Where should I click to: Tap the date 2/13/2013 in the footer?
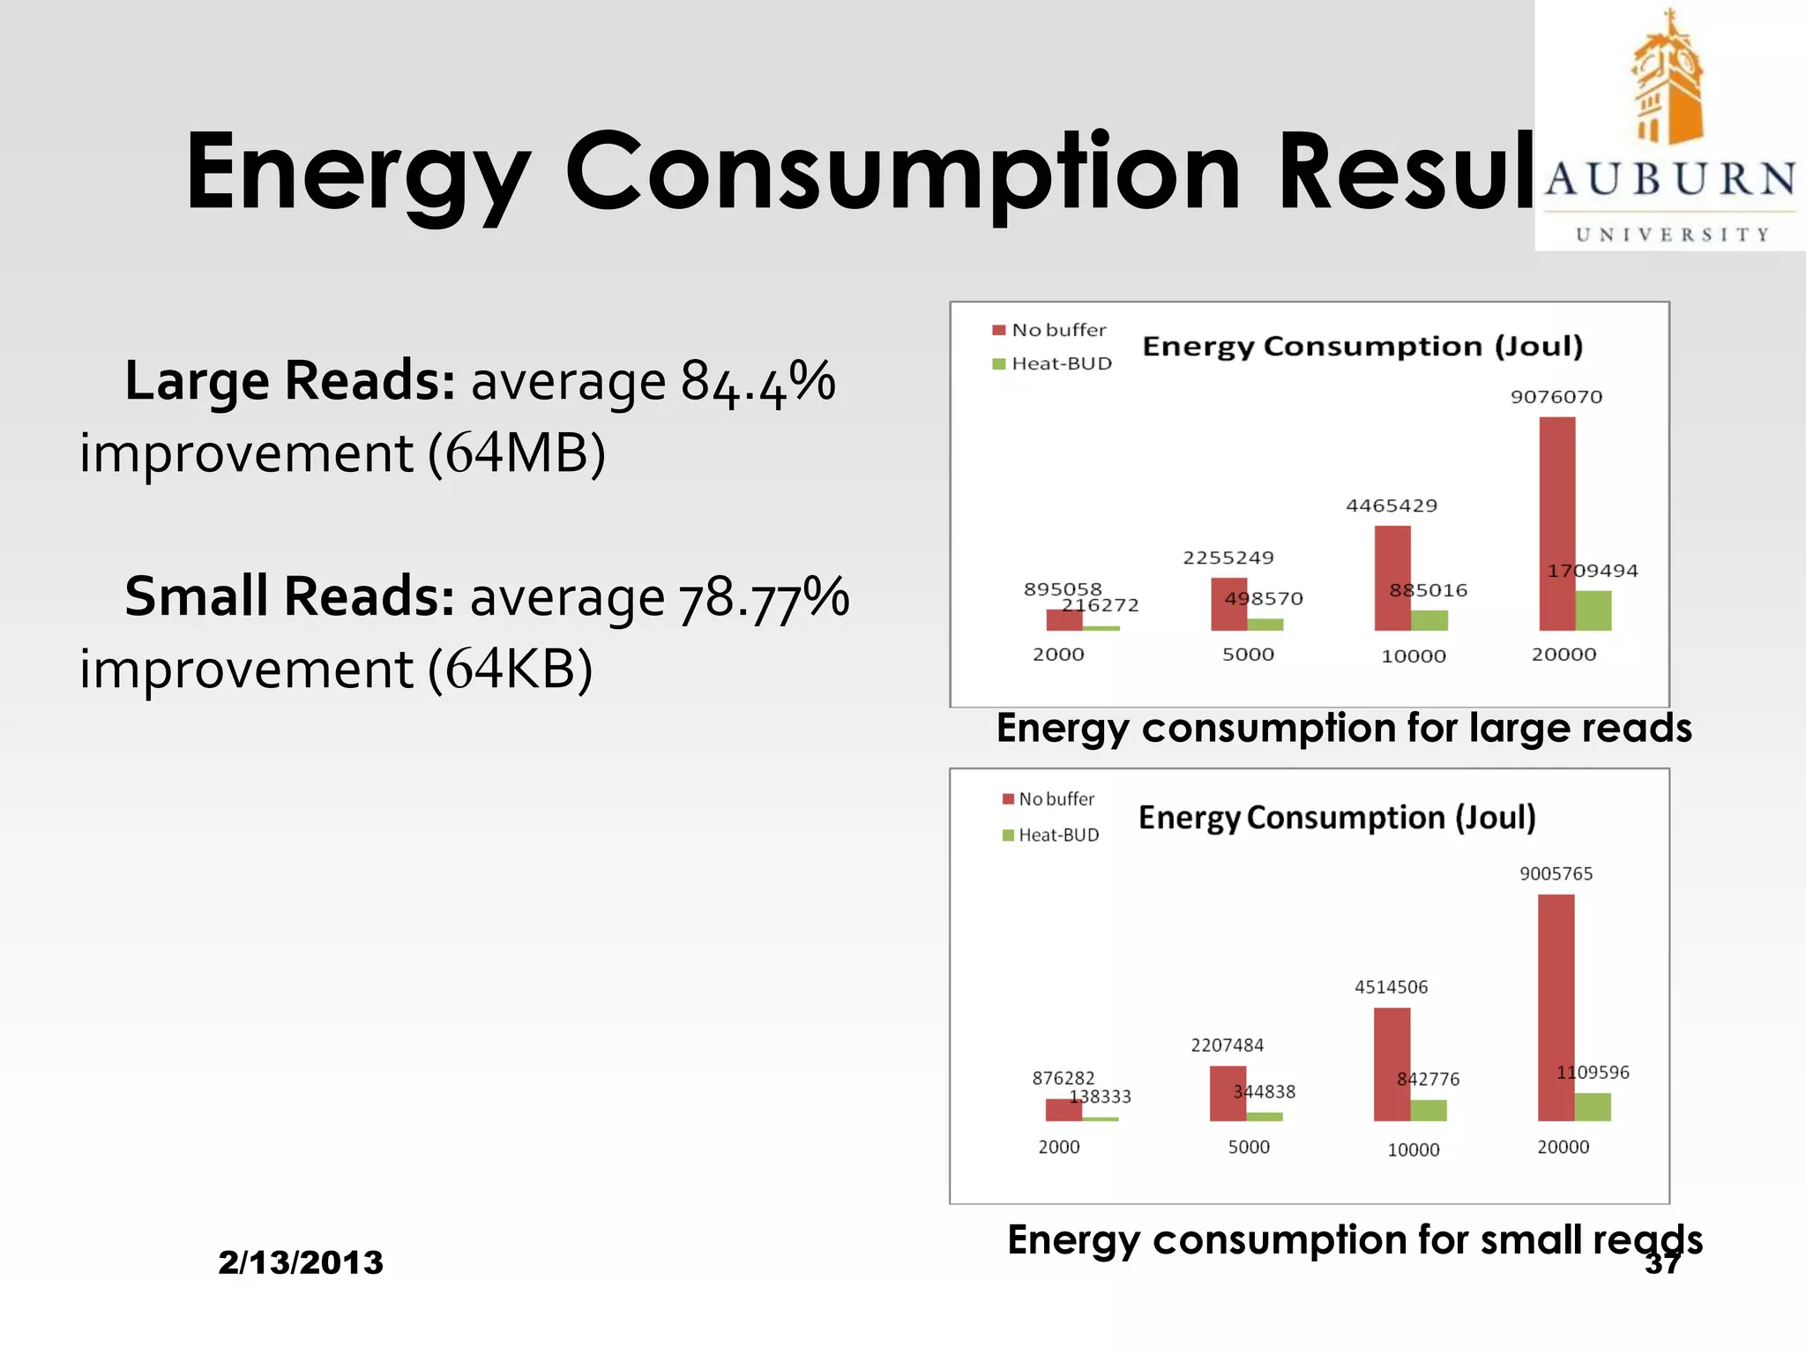coord(301,1262)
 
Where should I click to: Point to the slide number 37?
coord(1662,1263)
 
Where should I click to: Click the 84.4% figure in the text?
coord(757,383)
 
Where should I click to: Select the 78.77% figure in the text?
coord(763,598)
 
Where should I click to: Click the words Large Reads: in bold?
coord(290,381)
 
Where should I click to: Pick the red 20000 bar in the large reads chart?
coord(1556,523)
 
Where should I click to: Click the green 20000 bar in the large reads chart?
coord(1593,610)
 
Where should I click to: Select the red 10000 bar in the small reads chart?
coord(1392,1064)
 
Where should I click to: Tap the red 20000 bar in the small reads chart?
coord(1556,1007)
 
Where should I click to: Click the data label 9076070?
coord(1556,397)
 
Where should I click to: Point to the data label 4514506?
coord(1391,987)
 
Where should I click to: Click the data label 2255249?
coord(1228,558)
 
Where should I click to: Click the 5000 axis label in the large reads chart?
coord(1248,655)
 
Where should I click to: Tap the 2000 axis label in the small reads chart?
coord(1058,1147)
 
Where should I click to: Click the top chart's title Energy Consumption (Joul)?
coord(1362,346)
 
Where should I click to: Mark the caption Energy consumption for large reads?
coord(1343,729)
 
